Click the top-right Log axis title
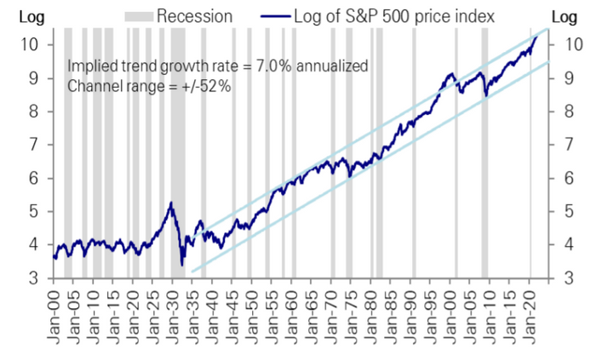(x=564, y=16)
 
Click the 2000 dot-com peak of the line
(x=450, y=74)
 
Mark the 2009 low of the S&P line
(x=485, y=96)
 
